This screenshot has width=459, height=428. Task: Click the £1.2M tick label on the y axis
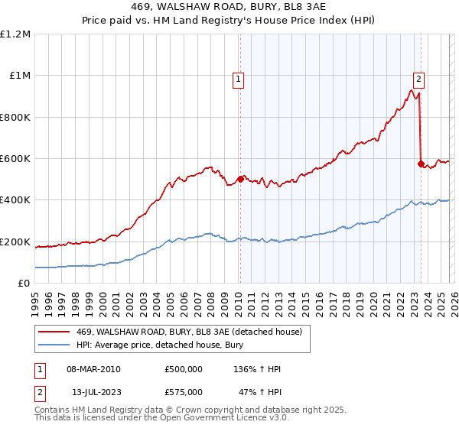[x=17, y=34]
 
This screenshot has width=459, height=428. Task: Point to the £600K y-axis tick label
[x=15, y=159]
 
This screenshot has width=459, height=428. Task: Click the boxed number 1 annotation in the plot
[x=239, y=78]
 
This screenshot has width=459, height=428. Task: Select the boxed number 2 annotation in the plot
[x=419, y=77]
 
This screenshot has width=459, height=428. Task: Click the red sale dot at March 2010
[x=240, y=180]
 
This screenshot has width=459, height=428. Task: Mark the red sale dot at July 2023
[x=421, y=164]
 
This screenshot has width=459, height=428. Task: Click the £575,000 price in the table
[x=184, y=391]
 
